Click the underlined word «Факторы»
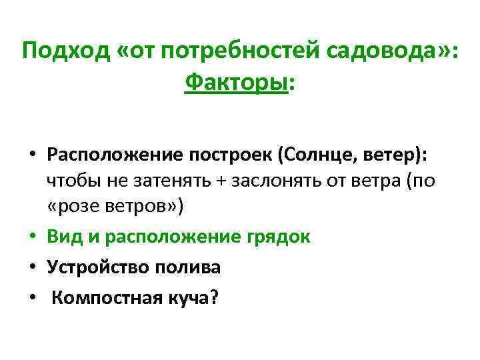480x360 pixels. pos(237,83)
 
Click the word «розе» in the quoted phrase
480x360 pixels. pos(76,206)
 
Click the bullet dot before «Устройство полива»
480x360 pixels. pos(33,267)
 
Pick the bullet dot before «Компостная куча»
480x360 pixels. pos(33,297)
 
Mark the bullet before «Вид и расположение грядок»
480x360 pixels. pos(33,237)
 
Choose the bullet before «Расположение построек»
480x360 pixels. pos(33,155)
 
